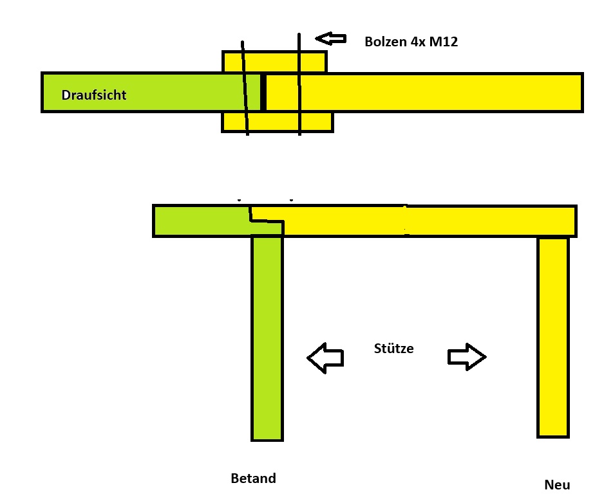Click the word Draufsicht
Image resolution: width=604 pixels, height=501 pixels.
pos(94,95)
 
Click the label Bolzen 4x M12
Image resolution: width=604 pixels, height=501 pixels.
pos(411,42)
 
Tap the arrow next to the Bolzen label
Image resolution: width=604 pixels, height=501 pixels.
pos(330,39)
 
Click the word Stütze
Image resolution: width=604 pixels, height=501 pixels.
pos(393,349)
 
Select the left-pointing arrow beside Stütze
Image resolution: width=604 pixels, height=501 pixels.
pos(325,357)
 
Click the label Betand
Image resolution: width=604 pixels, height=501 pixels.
pos(253,478)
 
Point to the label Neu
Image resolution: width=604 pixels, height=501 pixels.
pos(557,485)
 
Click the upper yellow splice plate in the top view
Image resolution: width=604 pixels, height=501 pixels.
pos(274,62)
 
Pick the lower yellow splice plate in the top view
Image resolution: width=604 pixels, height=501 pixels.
pos(277,122)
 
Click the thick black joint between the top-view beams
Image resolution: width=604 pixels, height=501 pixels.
pos(263,93)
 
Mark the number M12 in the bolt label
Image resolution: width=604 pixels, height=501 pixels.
pos(444,42)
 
